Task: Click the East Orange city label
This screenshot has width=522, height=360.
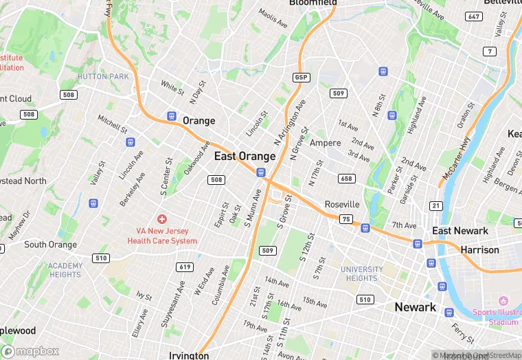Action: [x=245, y=157]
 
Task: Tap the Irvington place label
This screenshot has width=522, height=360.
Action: [x=189, y=355]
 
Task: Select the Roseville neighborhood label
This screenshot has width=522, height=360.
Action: [x=342, y=204]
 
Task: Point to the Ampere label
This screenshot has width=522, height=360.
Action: [x=325, y=143]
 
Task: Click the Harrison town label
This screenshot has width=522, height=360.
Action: [x=480, y=249]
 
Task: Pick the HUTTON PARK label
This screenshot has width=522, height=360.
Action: [x=103, y=76]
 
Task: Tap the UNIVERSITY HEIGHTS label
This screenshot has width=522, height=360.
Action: [x=362, y=273]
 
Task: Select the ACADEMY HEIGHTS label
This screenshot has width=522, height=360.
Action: [x=65, y=270]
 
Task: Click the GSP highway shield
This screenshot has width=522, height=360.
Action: [x=301, y=77]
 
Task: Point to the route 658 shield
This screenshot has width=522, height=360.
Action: [x=346, y=179]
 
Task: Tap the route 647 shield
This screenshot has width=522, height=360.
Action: [x=473, y=16]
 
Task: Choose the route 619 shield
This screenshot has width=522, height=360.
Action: [x=183, y=267]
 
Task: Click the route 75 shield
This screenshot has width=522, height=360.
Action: [x=346, y=219]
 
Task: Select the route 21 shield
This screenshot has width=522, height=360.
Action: [x=436, y=205]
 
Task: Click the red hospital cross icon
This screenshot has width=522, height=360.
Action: [x=162, y=219]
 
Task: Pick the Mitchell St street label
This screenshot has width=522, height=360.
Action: [x=113, y=124]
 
